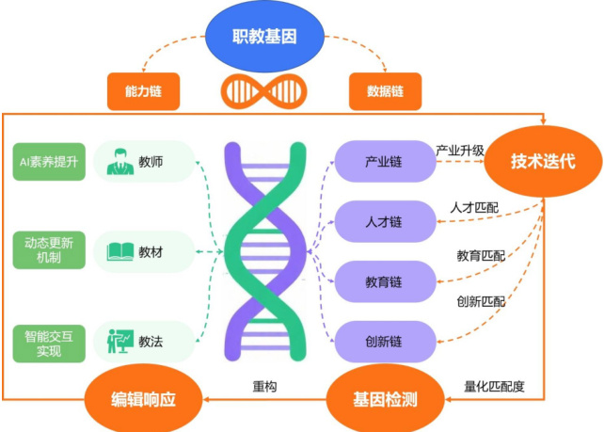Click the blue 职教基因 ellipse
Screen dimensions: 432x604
[264, 38]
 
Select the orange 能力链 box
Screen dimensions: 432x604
[144, 91]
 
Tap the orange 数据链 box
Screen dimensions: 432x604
[386, 91]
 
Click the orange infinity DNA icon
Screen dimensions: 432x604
[264, 91]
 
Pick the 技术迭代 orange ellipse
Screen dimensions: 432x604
[543, 161]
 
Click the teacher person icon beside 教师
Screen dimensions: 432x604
[119, 162]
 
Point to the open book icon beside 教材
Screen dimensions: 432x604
[119, 250]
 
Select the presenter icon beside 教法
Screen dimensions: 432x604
[119, 341]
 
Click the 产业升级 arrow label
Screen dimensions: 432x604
[460, 151]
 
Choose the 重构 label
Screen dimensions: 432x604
[264, 386]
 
